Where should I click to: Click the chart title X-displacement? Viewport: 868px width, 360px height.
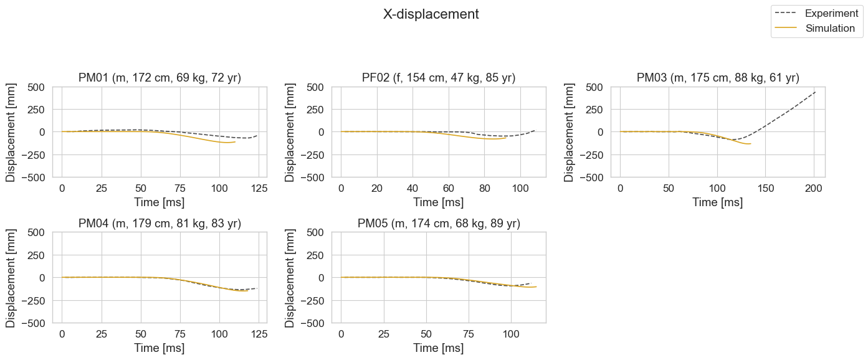(x=431, y=14)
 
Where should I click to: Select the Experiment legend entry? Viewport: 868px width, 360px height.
(x=816, y=13)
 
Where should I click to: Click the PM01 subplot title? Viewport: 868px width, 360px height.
(x=160, y=78)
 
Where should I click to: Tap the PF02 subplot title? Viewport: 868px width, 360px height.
(x=439, y=78)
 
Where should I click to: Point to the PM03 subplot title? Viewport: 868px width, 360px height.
(x=718, y=78)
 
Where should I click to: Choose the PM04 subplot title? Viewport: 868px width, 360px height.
(x=160, y=224)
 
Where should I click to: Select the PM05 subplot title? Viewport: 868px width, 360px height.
(x=439, y=224)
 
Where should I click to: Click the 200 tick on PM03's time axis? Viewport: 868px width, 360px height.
(x=813, y=189)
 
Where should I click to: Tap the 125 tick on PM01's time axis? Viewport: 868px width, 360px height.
(x=259, y=189)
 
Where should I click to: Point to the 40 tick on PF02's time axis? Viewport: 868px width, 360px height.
(x=413, y=189)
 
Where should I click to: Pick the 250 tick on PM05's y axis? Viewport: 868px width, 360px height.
(x=315, y=255)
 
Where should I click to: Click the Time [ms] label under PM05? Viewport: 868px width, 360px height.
(x=439, y=348)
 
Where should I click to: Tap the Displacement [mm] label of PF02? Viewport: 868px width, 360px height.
(x=290, y=133)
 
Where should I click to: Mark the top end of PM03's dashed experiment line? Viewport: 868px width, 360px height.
(x=815, y=92)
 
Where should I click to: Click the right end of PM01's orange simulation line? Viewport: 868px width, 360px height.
(x=235, y=142)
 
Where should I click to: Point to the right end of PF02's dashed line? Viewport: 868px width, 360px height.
(x=535, y=130)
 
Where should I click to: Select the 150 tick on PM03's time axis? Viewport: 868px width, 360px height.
(x=766, y=189)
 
